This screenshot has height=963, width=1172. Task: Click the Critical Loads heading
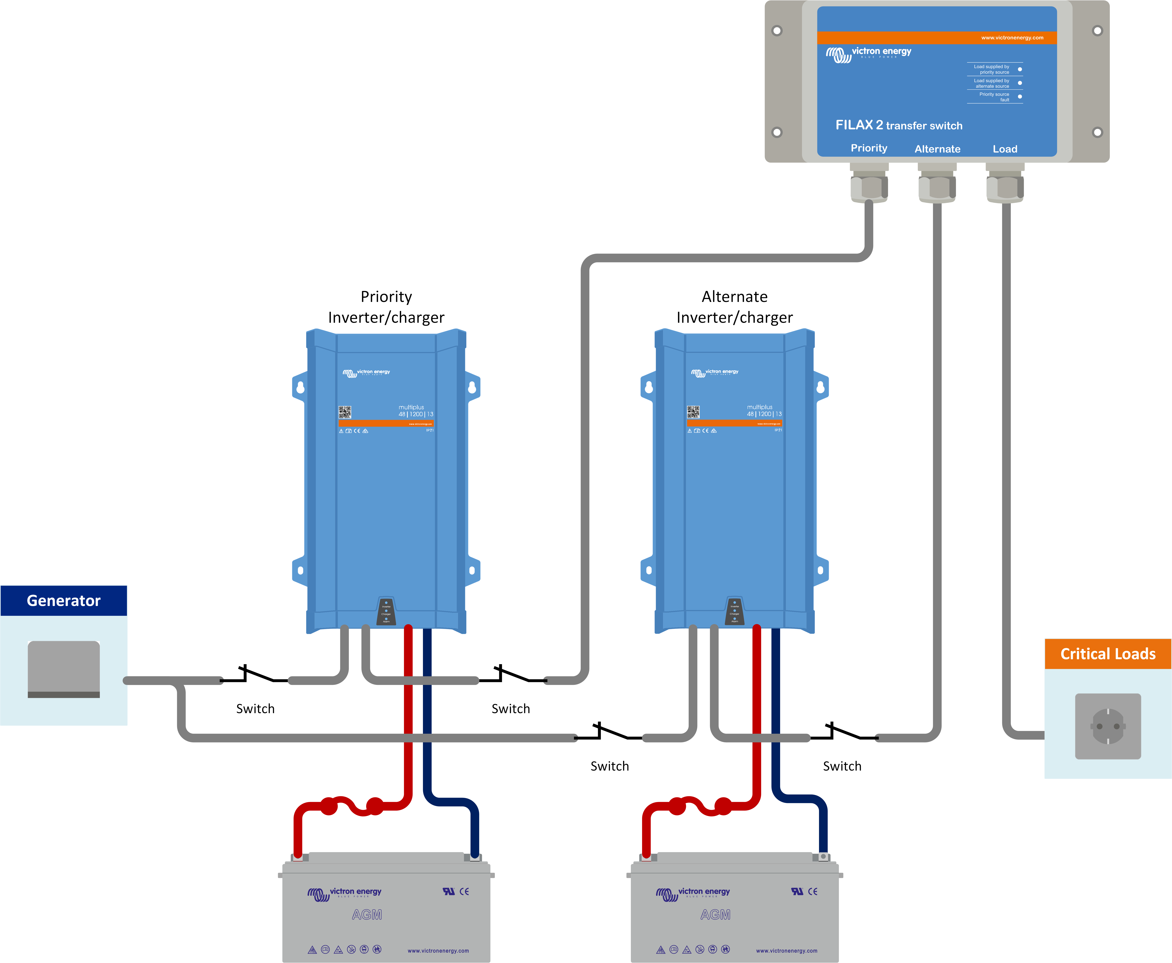pos(1108,654)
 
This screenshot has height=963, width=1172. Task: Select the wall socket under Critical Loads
pos(1108,726)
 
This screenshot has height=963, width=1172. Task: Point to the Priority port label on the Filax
pos(869,148)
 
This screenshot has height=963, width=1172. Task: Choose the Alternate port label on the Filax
pos(937,149)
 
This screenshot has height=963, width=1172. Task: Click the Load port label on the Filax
pos(1005,149)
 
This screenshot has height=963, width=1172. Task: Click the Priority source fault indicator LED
pos(1020,96)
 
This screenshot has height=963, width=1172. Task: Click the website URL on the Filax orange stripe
pos(1012,38)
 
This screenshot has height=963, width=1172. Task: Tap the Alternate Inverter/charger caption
pos(734,307)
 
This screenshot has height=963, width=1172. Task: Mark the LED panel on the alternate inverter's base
pos(734,611)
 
